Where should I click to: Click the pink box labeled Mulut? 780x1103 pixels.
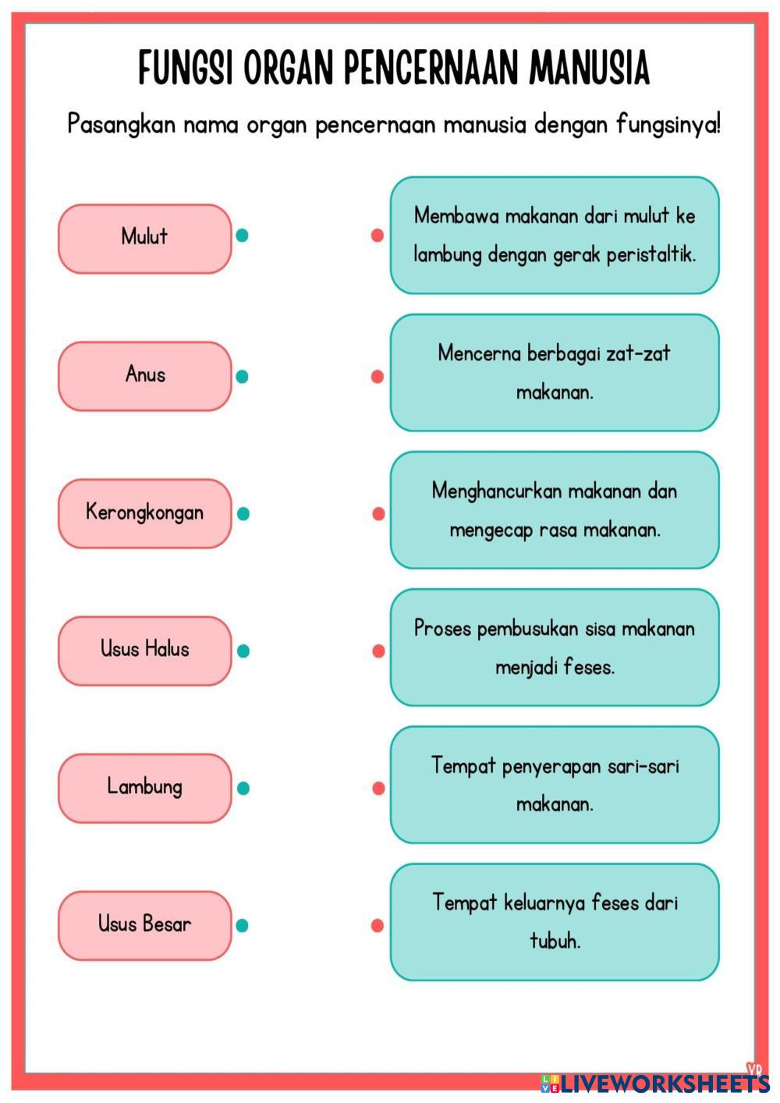click(x=145, y=238)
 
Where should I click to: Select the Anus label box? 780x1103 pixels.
click(x=145, y=376)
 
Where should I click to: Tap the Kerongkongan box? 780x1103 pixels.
click(x=145, y=513)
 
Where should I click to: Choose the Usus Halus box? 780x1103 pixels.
click(x=145, y=651)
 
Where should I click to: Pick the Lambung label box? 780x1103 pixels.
click(x=145, y=788)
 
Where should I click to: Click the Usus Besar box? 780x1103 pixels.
click(x=145, y=925)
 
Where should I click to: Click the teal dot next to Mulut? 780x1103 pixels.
click(x=243, y=235)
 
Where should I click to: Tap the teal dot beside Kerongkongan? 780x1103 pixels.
click(x=243, y=513)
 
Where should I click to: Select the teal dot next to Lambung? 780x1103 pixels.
click(x=243, y=788)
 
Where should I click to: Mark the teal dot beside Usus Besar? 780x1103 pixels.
click(x=243, y=925)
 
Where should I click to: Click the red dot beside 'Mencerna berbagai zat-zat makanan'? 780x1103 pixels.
click(x=378, y=376)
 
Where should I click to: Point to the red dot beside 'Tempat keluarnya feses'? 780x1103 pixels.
click(x=378, y=925)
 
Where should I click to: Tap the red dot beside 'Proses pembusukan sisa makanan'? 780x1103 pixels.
click(x=378, y=651)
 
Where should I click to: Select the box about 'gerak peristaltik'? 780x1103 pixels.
click(x=555, y=235)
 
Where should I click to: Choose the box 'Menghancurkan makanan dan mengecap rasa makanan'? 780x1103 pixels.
click(x=555, y=510)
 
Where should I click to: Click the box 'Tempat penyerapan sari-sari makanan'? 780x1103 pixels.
click(x=555, y=785)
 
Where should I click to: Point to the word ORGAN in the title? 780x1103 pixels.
click(x=288, y=68)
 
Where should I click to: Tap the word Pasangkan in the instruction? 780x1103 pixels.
click(x=121, y=124)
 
